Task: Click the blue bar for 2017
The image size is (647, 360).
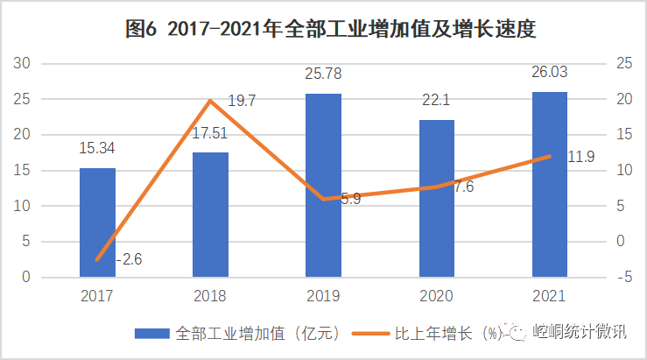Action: (x=97, y=222)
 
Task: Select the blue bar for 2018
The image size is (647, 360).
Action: (x=210, y=215)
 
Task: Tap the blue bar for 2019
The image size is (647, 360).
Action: (x=323, y=186)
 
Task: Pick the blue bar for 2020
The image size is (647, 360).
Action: (x=436, y=199)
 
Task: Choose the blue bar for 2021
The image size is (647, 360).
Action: (x=549, y=185)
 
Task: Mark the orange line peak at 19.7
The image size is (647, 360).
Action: (x=210, y=101)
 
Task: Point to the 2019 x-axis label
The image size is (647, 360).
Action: (x=323, y=296)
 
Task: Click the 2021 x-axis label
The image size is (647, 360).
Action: (x=549, y=296)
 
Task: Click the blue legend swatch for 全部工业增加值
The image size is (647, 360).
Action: (x=151, y=334)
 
